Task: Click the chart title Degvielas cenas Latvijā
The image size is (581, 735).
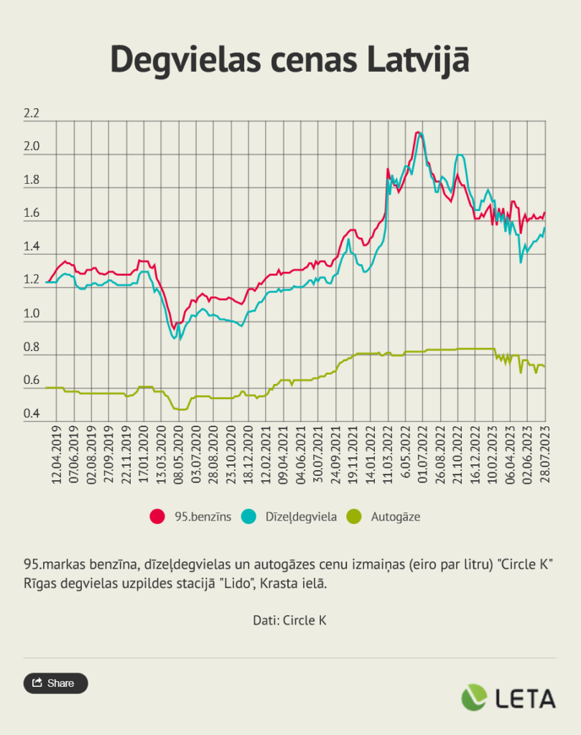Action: click(x=290, y=59)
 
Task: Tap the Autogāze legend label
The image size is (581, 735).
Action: click(x=396, y=516)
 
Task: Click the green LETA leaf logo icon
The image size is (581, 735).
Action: click(x=473, y=696)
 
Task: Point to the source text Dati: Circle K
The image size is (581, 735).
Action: click(x=290, y=619)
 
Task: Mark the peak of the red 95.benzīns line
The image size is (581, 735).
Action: click(x=417, y=133)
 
